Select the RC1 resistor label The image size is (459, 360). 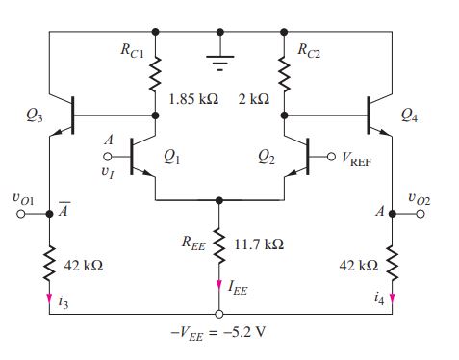133,49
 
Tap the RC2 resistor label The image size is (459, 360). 309,49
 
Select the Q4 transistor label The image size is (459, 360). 412,116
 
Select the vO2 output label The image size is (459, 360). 421,198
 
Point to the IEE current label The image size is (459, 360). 238,287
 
